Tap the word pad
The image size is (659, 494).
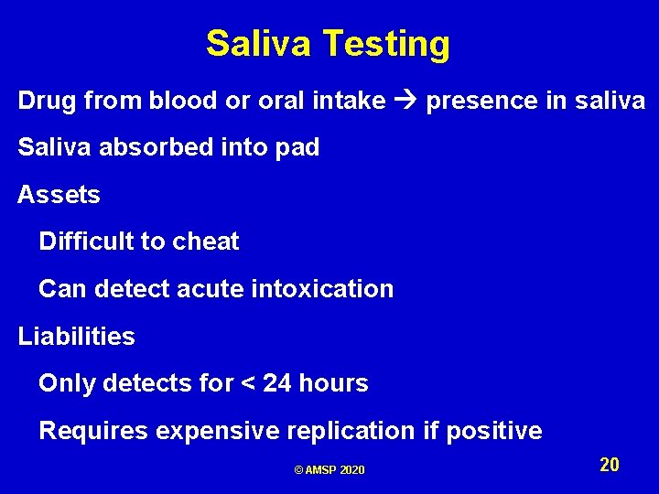(x=298, y=148)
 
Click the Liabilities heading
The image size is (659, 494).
(x=76, y=337)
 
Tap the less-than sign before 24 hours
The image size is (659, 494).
(x=245, y=384)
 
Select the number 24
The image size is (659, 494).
(x=277, y=384)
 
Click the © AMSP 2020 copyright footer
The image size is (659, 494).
(x=329, y=469)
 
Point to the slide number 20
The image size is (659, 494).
(x=610, y=465)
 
